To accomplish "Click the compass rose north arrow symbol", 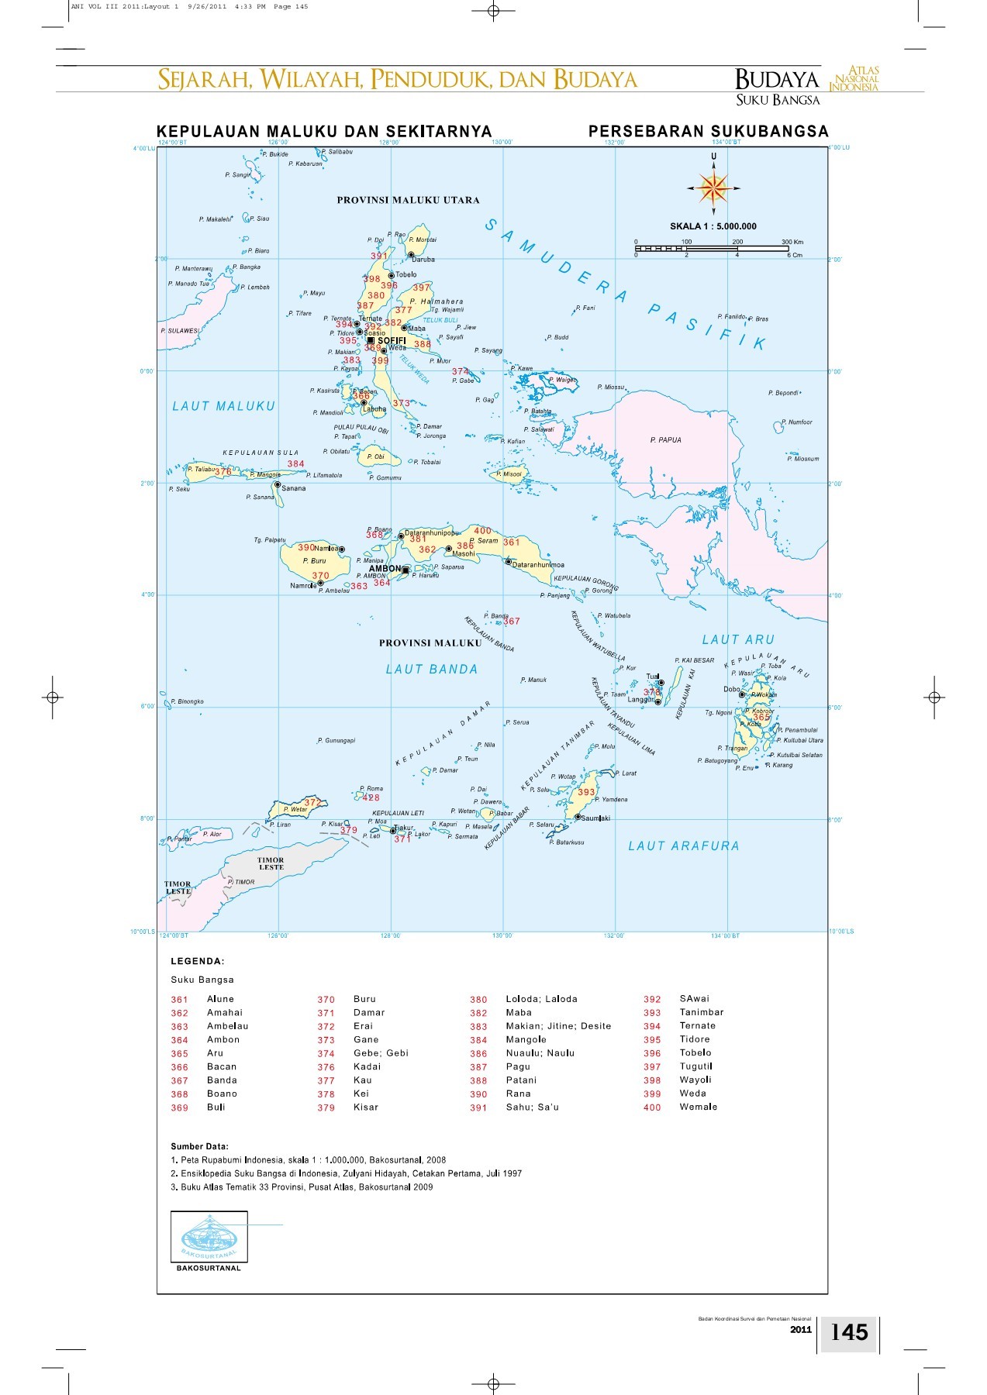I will coord(713,188).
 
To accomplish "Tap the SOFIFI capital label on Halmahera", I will coord(391,341).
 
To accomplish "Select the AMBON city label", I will coord(385,569).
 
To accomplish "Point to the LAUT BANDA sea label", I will coord(432,670).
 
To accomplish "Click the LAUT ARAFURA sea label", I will coord(683,846).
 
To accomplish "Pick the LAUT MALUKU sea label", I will coord(223,406).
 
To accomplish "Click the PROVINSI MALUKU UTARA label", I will coord(408,200).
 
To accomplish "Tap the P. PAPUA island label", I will coord(665,440).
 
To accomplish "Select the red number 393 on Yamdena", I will coord(586,792).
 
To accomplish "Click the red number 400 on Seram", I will coord(482,531).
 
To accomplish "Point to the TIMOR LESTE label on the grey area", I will coord(271,863).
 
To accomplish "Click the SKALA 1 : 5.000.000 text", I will coord(713,226).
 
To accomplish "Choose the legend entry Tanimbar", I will coord(701,1012).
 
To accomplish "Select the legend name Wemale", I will coord(698,1107).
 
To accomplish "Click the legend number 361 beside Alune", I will coord(180,1000).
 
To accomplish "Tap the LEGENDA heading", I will coord(198,961).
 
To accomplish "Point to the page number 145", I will coord(849,1332).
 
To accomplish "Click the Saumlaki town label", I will coord(595,818).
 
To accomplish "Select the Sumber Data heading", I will coord(199,1146).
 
